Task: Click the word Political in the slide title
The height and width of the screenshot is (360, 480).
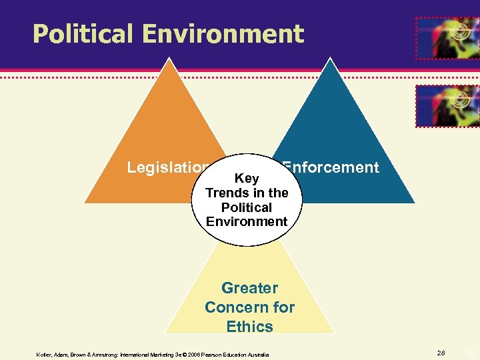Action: [x=79, y=34]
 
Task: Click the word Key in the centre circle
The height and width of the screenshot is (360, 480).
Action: [x=247, y=179]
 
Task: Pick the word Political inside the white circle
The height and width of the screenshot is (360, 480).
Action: [x=247, y=207]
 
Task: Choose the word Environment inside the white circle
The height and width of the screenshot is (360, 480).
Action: [x=247, y=221]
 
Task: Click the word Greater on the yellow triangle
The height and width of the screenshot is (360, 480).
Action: [x=249, y=289]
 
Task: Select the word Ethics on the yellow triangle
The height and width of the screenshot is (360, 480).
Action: [x=249, y=327]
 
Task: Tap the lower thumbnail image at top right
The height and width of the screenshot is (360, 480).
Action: [x=447, y=105]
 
